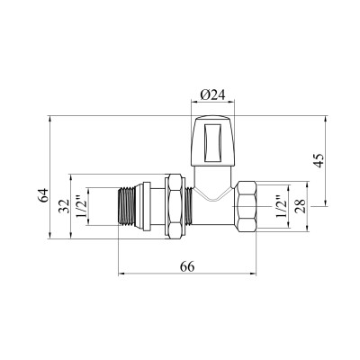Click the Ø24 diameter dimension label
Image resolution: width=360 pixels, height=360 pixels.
[212, 95]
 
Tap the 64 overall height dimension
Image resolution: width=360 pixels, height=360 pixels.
[43, 195]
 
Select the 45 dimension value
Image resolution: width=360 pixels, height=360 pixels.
[319, 160]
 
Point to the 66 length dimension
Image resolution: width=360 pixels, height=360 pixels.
[187, 265]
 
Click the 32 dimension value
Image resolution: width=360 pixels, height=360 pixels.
[64, 206]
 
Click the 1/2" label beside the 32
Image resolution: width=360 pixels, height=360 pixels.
[80, 206]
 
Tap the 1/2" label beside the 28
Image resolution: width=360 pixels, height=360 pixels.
[281, 206]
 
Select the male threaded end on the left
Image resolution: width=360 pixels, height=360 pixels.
[126, 206]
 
